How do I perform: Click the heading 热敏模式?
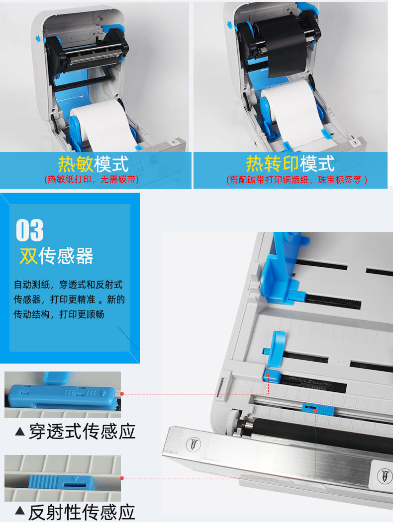tap(94, 163)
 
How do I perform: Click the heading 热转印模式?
tap(290, 163)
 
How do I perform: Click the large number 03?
tap(30, 230)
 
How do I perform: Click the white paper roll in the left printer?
tap(102, 124)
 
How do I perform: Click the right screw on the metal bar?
tap(384, 474)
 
